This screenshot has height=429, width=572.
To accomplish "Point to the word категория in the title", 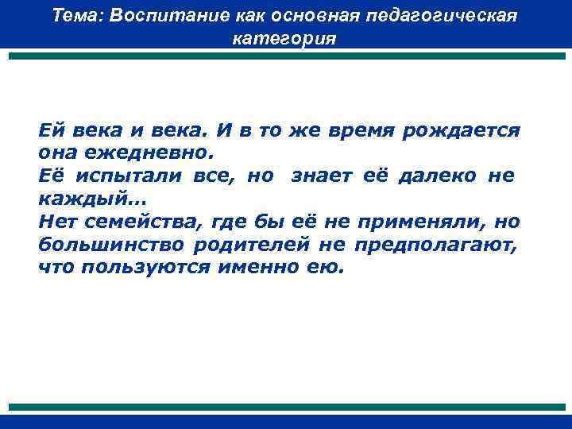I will pos(285,39).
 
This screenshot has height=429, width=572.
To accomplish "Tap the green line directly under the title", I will pos(285,56).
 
